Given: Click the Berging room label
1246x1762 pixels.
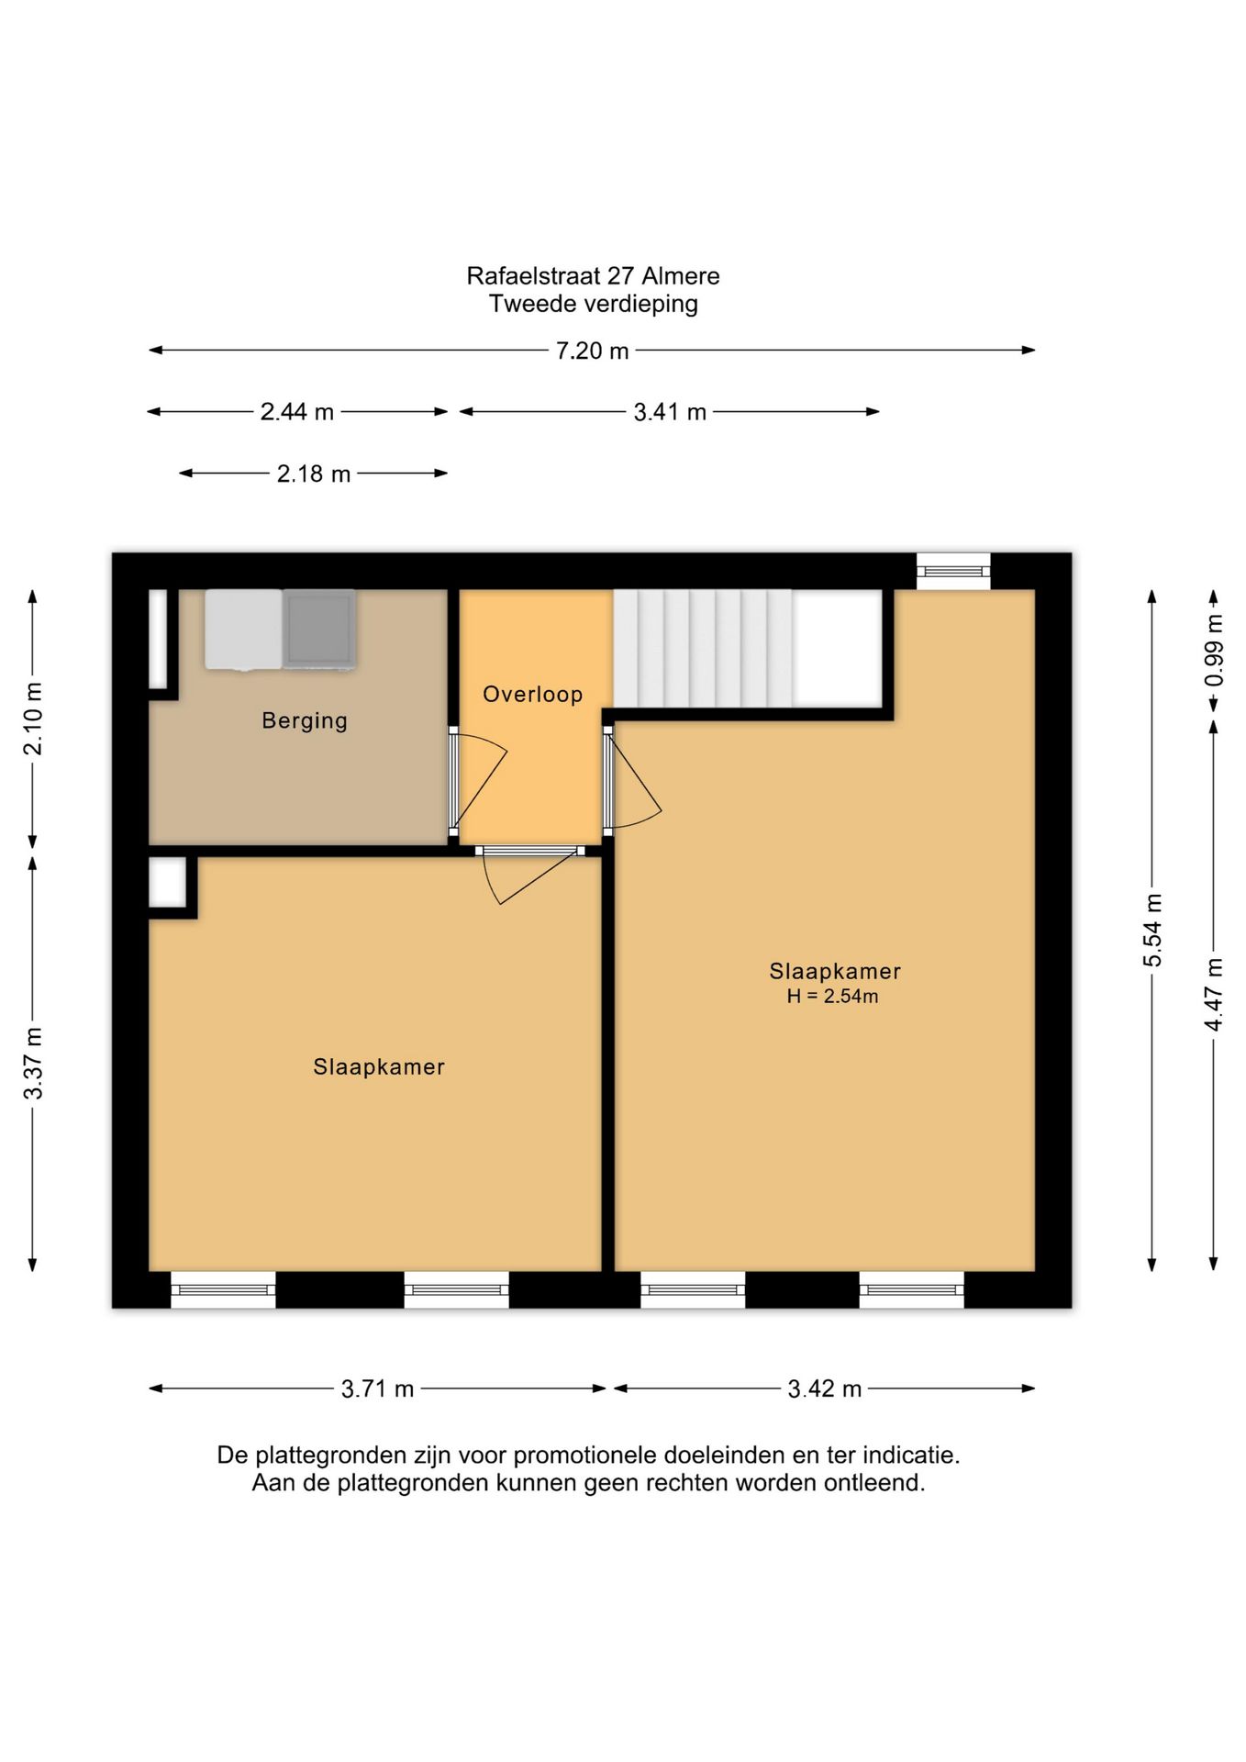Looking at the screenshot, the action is tap(305, 720).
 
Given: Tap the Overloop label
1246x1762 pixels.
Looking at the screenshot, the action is tap(533, 694).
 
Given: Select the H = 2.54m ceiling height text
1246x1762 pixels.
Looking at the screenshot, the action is tap(832, 997).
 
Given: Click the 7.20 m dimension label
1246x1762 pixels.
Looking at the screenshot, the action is tap(592, 351).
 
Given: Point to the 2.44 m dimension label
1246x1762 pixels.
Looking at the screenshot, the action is tap(296, 412).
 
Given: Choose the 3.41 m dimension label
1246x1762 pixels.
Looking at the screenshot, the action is tap(670, 412).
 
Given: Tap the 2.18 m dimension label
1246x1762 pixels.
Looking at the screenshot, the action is tap(314, 474).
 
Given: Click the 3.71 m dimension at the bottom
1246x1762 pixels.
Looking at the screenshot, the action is tap(377, 1388).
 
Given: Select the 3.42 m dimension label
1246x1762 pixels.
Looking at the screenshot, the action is tap(825, 1388).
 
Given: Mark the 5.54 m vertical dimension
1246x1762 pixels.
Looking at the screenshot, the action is tap(1152, 930).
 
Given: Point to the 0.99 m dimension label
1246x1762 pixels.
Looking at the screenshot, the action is tap(1214, 651).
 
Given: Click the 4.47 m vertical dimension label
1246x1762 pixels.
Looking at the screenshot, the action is tap(1214, 994).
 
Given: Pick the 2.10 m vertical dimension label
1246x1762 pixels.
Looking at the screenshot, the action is tap(33, 719).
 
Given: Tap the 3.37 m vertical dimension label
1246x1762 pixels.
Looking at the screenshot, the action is tap(33, 1063).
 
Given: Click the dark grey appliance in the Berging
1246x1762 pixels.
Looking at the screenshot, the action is tap(319, 630).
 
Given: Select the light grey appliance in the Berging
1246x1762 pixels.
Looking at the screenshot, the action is tap(244, 630).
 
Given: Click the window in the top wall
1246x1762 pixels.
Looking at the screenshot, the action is tap(954, 571).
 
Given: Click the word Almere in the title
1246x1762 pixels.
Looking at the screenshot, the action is tap(681, 276).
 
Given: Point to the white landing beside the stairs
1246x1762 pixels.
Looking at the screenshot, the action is tap(838, 648).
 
